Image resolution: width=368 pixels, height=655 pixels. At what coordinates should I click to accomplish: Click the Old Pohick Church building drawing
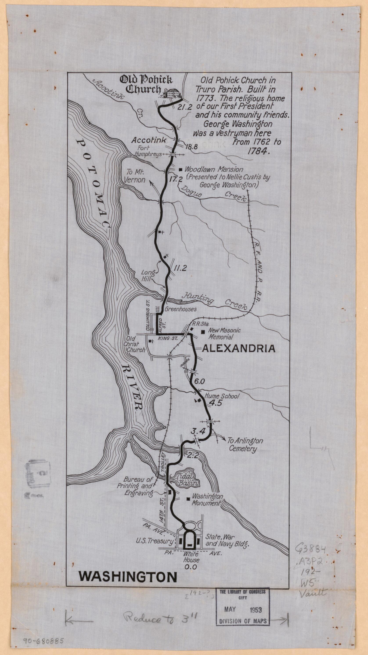point(173,93)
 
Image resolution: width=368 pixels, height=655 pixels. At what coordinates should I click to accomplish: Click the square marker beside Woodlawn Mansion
point(181,169)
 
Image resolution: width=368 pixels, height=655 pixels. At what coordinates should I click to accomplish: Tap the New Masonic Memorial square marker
point(203,332)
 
